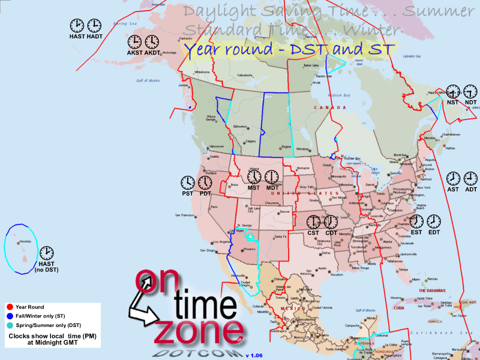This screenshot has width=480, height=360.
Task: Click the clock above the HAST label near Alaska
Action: (x=77, y=25)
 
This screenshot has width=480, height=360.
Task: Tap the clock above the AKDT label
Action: (x=152, y=41)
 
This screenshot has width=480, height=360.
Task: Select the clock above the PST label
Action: (x=188, y=182)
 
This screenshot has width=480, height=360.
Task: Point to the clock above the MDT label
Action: (x=272, y=177)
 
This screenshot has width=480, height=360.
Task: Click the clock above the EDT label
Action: (x=433, y=221)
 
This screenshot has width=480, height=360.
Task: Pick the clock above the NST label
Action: (x=453, y=92)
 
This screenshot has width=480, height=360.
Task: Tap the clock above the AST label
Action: (x=453, y=179)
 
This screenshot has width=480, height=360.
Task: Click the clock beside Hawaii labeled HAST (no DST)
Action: (x=46, y=254)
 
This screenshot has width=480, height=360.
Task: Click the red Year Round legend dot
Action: (x=10, y=307)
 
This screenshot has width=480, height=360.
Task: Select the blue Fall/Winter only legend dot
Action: (x=10, y=316)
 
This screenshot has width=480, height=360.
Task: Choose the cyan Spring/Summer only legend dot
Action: (x=10, y=325)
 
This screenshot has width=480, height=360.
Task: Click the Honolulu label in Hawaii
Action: (x=25, y=241)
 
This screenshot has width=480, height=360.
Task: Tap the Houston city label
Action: (x=337, y=275)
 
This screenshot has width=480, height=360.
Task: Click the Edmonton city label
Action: (x=240, y=127)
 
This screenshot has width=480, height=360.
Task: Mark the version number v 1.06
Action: (x=257, y=355)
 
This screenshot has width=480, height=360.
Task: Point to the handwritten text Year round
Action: (x=224, y=49)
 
